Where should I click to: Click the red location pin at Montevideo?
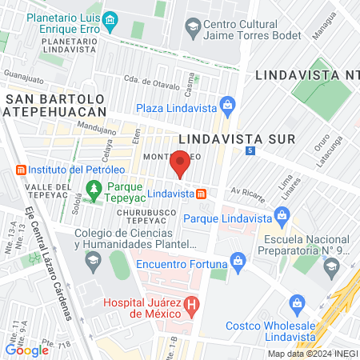[181, 162]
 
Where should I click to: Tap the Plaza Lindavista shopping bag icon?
[228, 104]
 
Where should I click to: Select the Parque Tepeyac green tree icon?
[94, 189]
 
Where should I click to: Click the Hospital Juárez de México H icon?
[190, 304]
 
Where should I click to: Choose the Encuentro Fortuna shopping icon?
[238, 260]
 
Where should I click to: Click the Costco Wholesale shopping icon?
[298, 303]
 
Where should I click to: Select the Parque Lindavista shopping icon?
[281, 214]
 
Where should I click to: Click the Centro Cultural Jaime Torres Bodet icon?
[193, 27]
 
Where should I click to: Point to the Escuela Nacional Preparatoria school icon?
[332, 270]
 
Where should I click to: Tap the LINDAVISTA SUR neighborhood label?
[237, 138]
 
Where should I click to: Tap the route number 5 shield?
[250, 150]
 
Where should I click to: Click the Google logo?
[27, 349]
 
